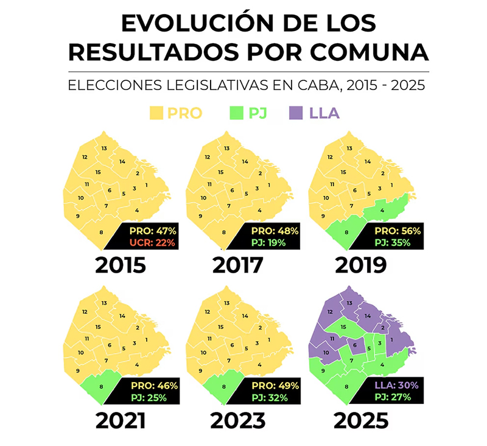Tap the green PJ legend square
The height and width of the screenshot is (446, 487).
tap(234, 113)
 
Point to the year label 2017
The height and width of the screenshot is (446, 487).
tap(237, 265)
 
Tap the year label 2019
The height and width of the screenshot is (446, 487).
tap(360, 265)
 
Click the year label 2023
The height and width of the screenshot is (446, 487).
tap(237, 420)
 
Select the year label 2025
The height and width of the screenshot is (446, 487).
tap(360, 420)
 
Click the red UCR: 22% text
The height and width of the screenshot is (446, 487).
tap(153, 243)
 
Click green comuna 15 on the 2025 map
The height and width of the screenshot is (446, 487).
tap(344, 327)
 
